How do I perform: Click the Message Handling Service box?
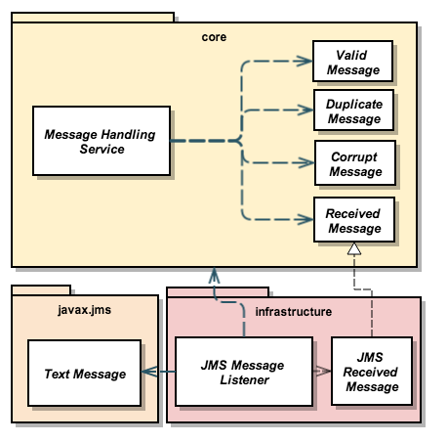point(100,141)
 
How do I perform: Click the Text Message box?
point(84,374)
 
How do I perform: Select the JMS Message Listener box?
point(243,373)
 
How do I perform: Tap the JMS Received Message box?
point(371,373)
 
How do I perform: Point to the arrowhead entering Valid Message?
point(305,62)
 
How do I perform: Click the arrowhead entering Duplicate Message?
point(305,111)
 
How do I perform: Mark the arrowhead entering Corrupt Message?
point(305,163)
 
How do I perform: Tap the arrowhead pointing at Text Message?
point(148,373)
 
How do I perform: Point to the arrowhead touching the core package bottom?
point(213,275)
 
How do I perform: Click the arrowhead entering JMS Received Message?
point(324,373)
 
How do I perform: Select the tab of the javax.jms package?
point(41,289)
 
